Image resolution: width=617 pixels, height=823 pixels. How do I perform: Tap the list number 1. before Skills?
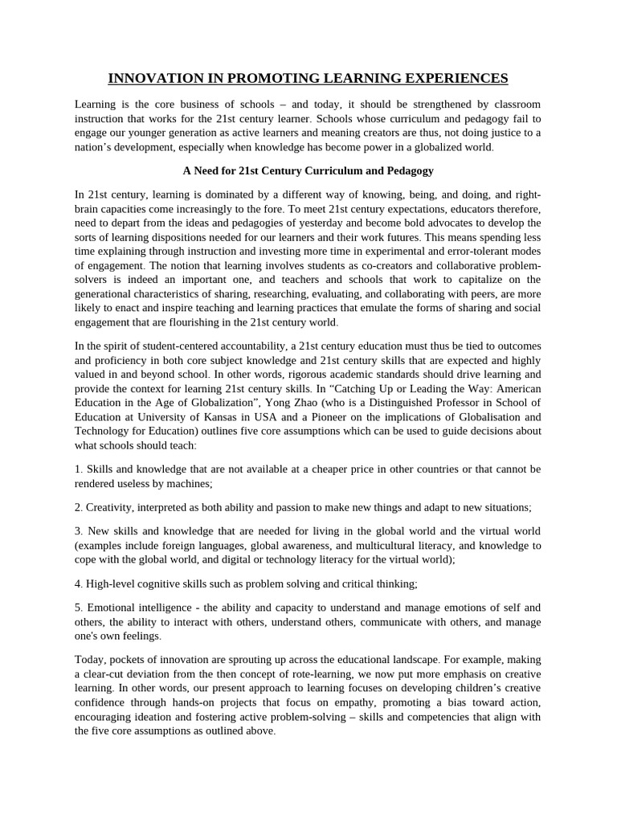coord(79,469)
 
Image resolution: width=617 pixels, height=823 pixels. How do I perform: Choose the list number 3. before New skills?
coord(79,531)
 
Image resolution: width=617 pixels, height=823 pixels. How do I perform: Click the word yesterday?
coord(321,222)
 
